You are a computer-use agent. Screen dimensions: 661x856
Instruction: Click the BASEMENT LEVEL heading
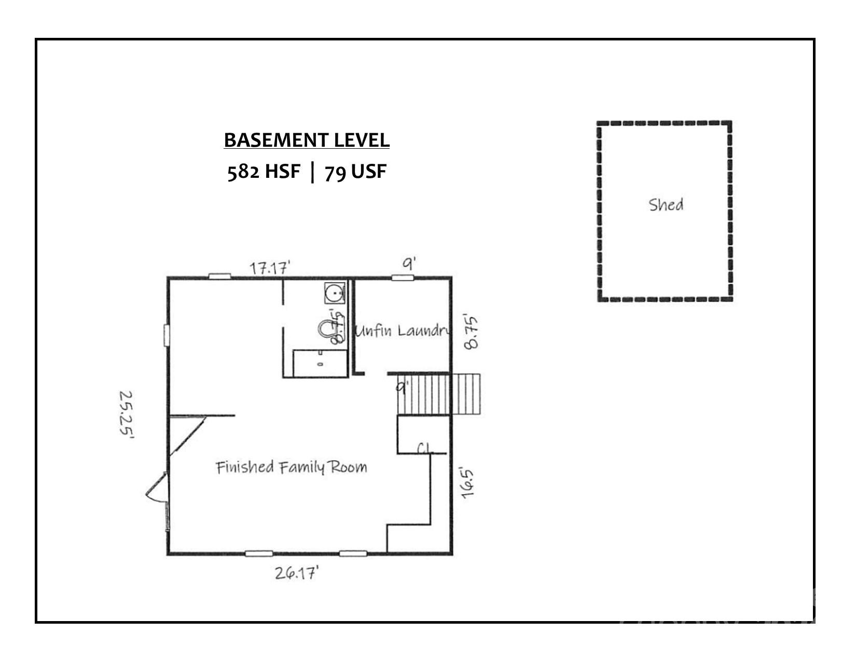[307, 140]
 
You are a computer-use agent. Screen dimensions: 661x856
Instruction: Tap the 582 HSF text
[264, 171]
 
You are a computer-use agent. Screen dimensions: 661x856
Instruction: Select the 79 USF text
[356, 171]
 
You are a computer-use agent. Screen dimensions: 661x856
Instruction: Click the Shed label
[666, 205]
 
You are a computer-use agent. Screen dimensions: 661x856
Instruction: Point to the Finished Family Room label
[291, 467]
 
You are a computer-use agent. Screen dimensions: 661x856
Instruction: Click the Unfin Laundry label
[401, 331]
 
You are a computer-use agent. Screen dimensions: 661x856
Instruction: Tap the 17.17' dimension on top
[269, 268]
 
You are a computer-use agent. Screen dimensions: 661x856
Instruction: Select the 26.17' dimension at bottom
[296, 573]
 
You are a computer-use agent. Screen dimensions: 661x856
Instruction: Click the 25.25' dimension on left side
[126, 415]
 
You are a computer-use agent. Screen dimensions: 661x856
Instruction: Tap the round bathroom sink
[335, 293]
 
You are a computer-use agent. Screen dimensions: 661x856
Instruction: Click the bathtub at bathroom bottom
[320, 363]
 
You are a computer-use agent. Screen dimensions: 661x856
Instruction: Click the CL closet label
[424, 448]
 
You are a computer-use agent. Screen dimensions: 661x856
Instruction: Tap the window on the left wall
[167, 335]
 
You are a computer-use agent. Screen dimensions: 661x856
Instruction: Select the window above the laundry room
[402, 278]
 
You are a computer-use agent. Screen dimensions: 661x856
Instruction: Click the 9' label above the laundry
[409, 264]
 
